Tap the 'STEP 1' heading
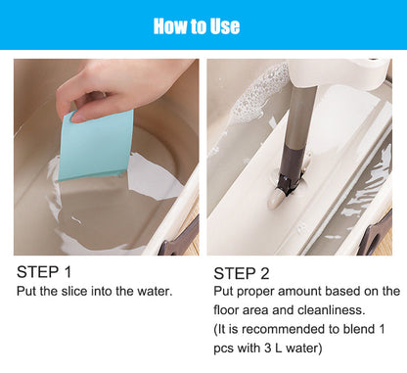point(46,272)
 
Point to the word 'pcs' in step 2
point(224,346)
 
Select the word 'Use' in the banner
point(222,25)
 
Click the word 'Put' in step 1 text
point(27,292)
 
